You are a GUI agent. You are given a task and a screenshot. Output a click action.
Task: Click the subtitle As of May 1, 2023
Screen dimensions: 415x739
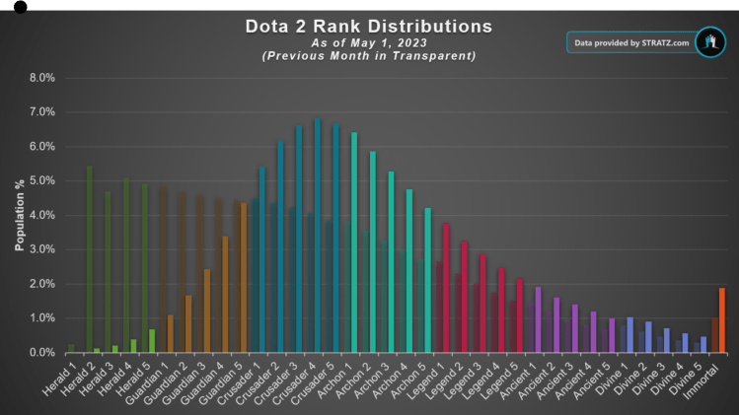(368, 42)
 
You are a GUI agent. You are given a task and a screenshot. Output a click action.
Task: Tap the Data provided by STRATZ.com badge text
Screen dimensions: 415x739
(631, 43)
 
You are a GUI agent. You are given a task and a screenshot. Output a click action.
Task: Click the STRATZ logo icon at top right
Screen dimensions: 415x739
(709, 42)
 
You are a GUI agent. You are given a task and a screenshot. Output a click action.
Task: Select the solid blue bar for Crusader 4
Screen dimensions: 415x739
(317, 236)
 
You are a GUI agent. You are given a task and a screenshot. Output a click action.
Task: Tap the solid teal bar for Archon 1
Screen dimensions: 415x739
(354, 242)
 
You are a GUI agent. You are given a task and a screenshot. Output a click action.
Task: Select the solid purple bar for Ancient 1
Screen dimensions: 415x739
(538, 319)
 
